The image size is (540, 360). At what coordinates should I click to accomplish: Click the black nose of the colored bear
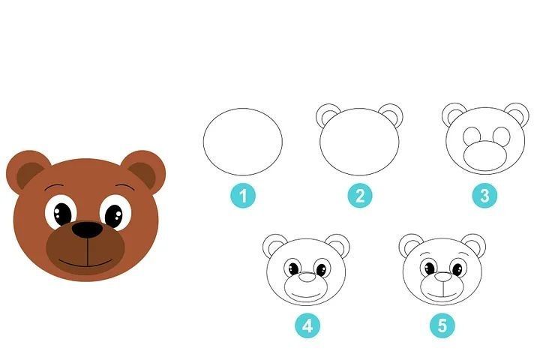click(88, 230)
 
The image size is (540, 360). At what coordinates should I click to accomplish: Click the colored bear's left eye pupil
click(62, 214)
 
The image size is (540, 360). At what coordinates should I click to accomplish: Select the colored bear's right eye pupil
click(114, 216)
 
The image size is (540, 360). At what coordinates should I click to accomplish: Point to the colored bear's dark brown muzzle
click(85, 250)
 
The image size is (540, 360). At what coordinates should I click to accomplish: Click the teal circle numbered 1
click(243, 196)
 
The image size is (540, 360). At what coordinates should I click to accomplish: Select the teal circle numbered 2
click(360, 196)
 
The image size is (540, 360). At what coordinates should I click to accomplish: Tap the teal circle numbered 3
click(484, 196)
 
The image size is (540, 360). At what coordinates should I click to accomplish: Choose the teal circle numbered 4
click(307, 325)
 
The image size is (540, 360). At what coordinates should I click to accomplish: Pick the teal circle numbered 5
click(442, 325)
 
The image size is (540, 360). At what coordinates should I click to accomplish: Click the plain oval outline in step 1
click(203, 142)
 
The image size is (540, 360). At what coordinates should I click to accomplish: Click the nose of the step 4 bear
click(307, 277)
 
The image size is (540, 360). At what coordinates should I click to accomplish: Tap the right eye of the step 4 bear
click(322, 269)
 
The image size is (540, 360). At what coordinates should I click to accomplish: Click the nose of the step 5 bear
click(443, 277)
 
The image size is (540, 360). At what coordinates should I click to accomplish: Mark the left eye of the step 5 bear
click(429, 268)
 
